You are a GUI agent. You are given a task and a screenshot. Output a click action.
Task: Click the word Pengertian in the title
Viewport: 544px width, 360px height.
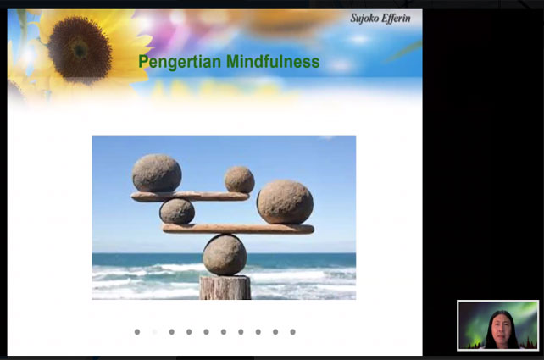pos(180,62)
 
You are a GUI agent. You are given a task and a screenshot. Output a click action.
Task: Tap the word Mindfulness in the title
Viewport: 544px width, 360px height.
pos(273,61)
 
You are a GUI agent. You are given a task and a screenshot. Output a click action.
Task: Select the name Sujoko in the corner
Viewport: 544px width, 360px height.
pos(364,19)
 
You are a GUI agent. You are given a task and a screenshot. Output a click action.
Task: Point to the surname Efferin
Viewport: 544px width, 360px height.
pos(396,19)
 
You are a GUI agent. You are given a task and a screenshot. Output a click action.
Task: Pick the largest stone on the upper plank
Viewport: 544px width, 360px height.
pos(157,173)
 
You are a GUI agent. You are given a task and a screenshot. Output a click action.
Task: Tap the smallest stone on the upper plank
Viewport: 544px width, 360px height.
pos(240,180)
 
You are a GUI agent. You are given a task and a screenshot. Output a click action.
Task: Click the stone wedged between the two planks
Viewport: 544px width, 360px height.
pos(177,211)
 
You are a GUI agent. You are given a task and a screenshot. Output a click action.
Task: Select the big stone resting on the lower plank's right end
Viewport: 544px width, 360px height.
pos(285,202)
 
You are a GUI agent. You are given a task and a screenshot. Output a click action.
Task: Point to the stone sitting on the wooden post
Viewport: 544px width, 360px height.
pos(225,255)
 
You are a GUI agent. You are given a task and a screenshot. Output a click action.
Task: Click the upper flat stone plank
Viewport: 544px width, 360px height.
pos(190,197)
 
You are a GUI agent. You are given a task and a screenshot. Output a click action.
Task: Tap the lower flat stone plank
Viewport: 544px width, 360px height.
pos(238,229)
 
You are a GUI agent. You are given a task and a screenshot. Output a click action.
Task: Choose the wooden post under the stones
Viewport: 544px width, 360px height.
pos(225,287)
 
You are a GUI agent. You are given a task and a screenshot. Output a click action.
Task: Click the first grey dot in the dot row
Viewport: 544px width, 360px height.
pos(137,332)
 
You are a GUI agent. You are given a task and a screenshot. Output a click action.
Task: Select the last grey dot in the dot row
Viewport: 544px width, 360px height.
pos(293,332)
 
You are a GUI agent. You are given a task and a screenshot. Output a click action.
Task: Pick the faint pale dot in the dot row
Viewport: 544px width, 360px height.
pos(154,332)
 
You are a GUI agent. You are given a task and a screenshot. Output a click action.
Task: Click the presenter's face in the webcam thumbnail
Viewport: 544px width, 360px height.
pos(502,328)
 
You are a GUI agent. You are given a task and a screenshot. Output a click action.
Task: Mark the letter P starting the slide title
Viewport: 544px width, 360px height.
pos(143,61)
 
